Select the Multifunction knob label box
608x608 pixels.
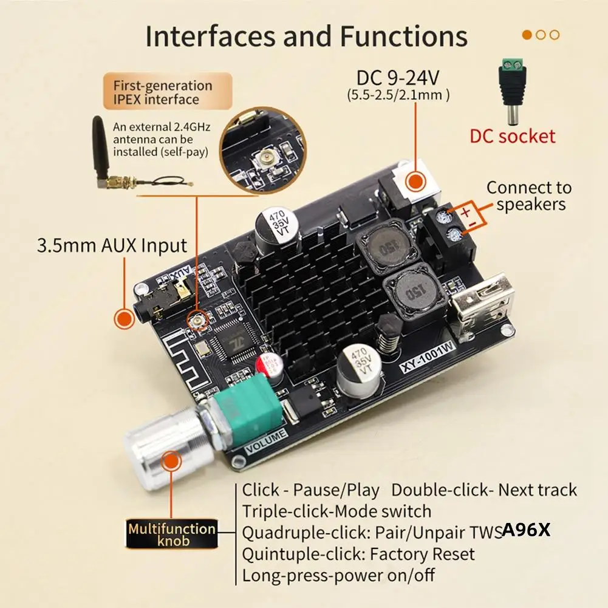(171, 535)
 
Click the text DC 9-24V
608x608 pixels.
(398, 78)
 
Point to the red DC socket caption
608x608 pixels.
(512, 135)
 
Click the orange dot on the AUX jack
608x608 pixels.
(125, 319)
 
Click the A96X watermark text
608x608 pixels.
(525, 530)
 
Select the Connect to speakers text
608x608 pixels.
(529, 196)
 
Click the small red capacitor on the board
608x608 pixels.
(269, 365)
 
